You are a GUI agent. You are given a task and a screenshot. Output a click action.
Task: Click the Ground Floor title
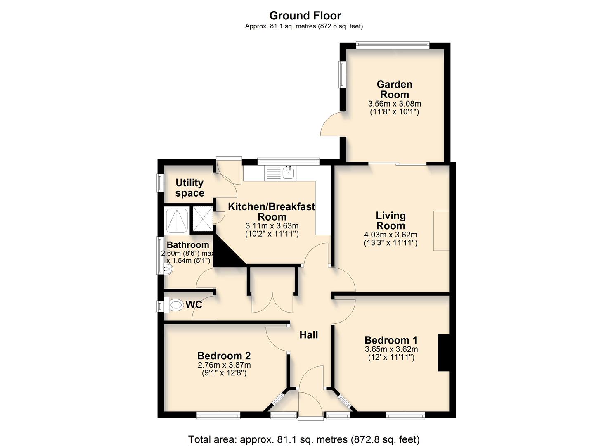(x=305, y=16)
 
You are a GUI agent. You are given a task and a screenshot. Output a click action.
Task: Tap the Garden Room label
(x=394, y=89)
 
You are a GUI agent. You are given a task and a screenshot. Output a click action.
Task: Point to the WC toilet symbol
(x=176, y=305)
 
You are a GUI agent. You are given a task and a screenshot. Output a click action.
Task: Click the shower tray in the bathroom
(x=177, y=221)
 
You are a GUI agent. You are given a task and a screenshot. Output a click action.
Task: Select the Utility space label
(x=189, y=188)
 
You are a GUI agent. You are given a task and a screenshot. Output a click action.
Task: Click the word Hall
(x=308, y=335)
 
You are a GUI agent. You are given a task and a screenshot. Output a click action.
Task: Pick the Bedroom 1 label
(x=391, y=340)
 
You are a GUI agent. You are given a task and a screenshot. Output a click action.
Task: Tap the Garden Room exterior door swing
(x=330, y=124)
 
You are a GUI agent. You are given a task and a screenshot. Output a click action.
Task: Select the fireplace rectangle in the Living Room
(x=440, y=230)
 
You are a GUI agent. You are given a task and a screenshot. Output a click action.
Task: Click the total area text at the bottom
(x=303, y=439)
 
